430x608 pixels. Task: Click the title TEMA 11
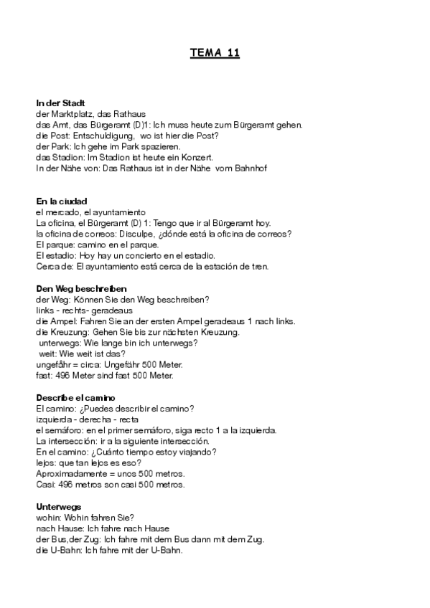(x=215, y=52)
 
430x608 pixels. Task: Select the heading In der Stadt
(x=61, y=103)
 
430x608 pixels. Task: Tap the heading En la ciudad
(x=62, y=201)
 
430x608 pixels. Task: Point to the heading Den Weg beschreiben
(x=76, y=288)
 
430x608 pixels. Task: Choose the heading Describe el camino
(x=76, y=398)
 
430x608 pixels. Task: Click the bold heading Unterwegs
(x=57, y=507)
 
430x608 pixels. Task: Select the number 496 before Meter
(x=60, y=375)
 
